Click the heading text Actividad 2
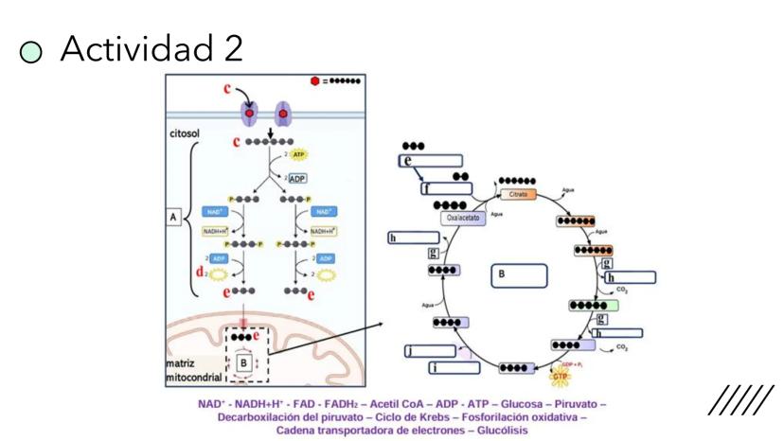[x=151, y=47]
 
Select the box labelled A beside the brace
[x=174, y=218]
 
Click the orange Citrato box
[x=518, y=194]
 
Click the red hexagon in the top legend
[x=315, y=82]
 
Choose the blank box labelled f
[x=445, y=187]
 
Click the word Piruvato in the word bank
[x=577, y=404]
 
